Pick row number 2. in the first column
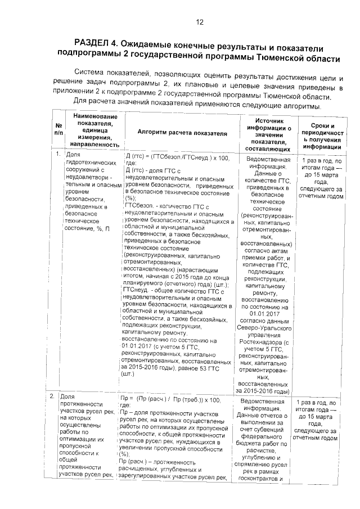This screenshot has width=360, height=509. click(x=58, y=397)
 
